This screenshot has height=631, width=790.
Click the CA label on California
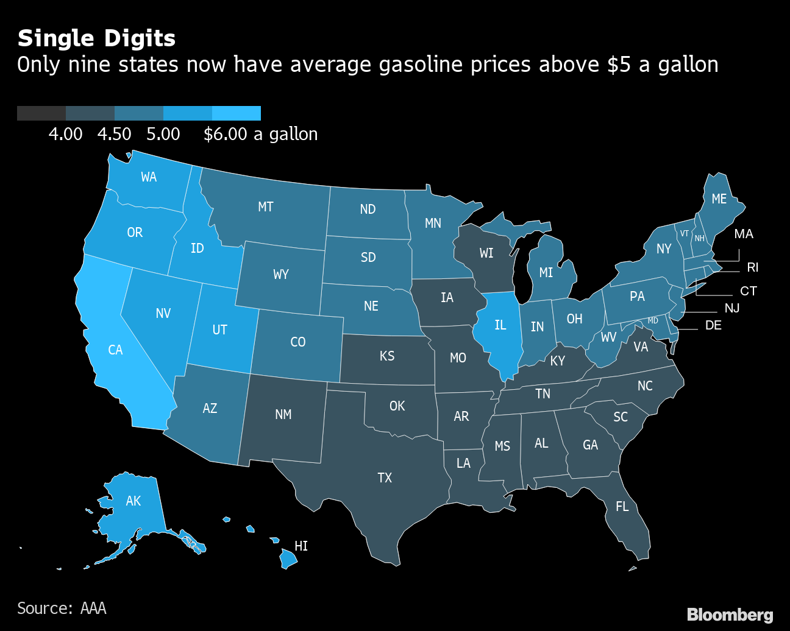115,350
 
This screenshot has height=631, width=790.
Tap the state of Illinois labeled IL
500,325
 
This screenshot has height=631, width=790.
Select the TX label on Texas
385,478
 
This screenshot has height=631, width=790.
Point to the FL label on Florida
622,507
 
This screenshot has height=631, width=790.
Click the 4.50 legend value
115,135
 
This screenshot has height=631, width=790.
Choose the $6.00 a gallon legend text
260,135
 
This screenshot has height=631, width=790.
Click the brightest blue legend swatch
237,113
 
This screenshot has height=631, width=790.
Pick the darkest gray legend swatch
41,113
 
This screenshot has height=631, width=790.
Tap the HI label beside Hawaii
301,546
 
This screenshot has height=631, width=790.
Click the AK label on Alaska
133,501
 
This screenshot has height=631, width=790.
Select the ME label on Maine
719,199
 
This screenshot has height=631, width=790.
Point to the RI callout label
753,267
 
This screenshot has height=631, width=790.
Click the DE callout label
713,325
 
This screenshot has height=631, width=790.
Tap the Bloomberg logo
730,615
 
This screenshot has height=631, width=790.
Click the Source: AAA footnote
62,608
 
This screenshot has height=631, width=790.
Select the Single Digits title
96,38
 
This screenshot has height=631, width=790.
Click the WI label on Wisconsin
486,253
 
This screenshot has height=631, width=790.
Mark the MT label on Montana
266,207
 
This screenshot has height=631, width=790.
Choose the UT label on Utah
219,330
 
